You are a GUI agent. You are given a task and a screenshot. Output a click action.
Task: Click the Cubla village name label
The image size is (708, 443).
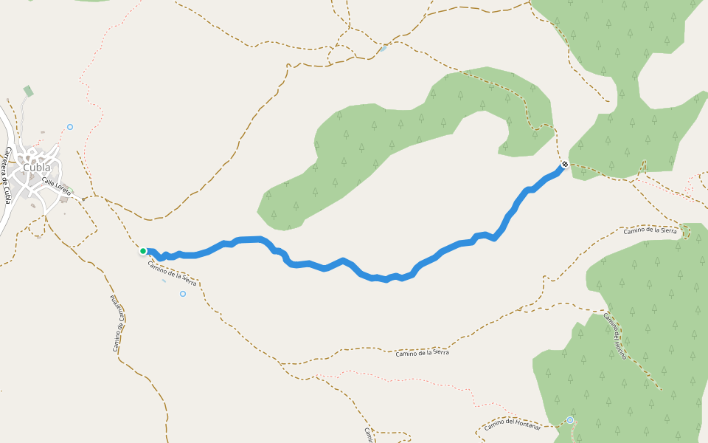tap(37, 167)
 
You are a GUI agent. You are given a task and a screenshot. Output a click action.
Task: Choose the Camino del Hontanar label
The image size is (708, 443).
tap(513, 425)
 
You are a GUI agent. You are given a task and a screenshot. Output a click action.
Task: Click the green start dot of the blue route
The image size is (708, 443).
tap(143, 251)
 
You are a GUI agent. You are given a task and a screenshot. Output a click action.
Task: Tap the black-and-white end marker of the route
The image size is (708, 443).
tap(564, 165)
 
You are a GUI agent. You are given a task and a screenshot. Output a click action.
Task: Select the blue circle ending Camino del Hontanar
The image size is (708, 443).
tap(570, 420)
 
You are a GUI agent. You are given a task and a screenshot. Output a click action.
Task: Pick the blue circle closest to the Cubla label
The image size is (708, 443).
tap(70, 127)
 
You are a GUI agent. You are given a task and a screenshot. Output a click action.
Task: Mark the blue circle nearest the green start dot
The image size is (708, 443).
tap(183, 294)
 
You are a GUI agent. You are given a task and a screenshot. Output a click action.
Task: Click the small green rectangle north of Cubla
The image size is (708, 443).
tap(28, 91)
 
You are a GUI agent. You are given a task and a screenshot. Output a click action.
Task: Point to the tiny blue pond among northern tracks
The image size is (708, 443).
tap(383, 49)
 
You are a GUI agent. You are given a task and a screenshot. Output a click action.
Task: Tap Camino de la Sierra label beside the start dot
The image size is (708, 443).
tap(172, 274)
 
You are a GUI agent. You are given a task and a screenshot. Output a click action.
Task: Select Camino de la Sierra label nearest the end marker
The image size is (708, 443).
tap(650, 231)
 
